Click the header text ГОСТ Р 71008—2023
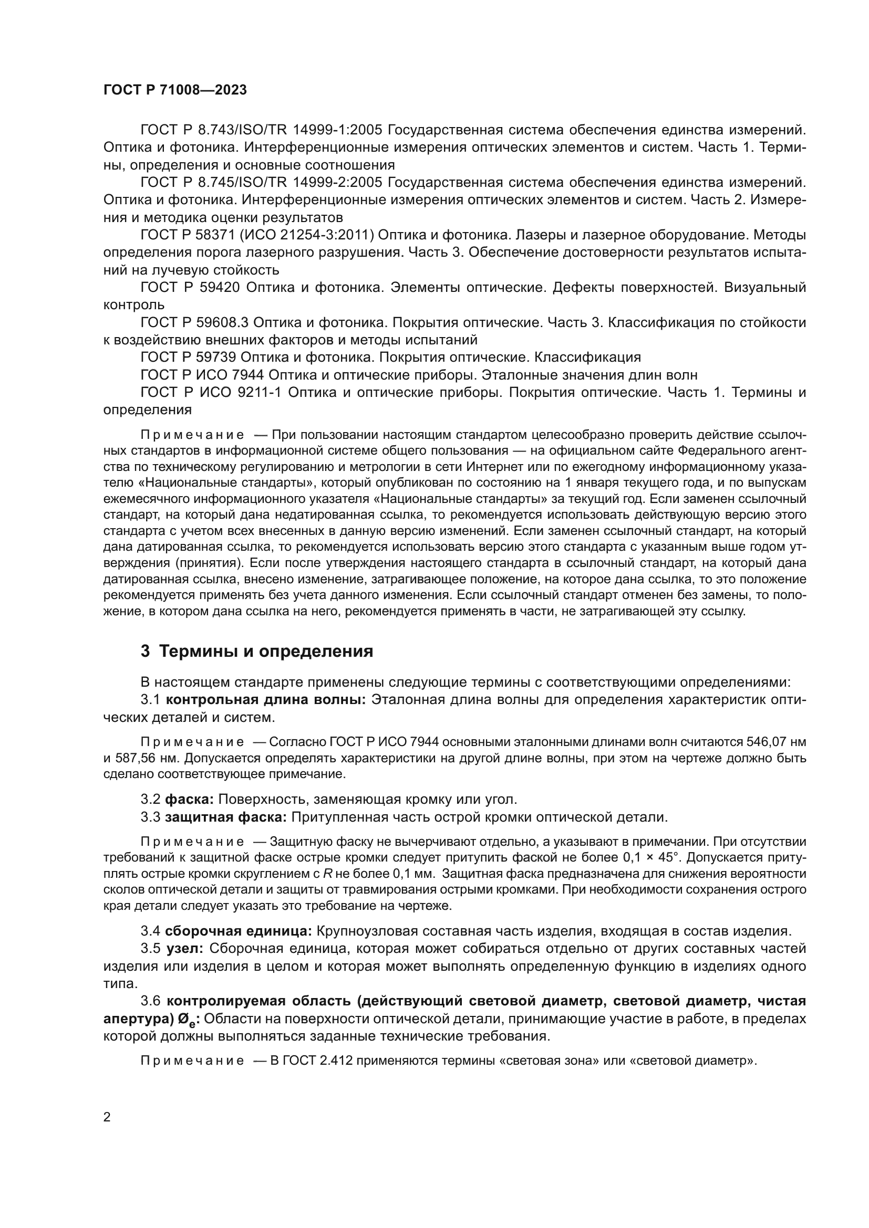(x=175, y=90)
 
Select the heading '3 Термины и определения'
(x=257, y=652)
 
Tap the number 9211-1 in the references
(x=258, y=392)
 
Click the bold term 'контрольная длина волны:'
(x=265, y=700)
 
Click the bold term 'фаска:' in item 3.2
(x=190, y=800)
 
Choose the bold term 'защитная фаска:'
(x=226, y=817)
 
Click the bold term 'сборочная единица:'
(x=238, y=931)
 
